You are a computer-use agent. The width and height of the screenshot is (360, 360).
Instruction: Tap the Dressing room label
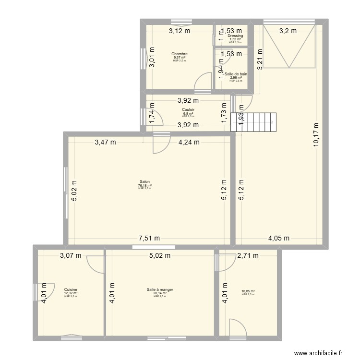click(235, 36)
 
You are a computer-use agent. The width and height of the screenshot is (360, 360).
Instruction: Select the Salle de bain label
click(236, 74)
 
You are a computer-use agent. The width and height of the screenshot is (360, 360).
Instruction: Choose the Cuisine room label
click(71, 289)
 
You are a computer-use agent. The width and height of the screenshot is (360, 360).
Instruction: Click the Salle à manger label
click(160, 289)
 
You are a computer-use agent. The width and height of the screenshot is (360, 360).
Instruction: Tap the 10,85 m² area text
click(248, 291)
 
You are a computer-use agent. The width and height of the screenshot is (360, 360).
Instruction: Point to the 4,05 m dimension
click(278, 238)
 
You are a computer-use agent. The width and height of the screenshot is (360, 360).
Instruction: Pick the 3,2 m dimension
click(288, 31)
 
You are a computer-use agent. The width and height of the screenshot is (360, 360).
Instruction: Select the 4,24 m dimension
click(190, 142)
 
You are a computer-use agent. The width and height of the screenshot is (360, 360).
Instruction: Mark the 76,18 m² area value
click(144, 185)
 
